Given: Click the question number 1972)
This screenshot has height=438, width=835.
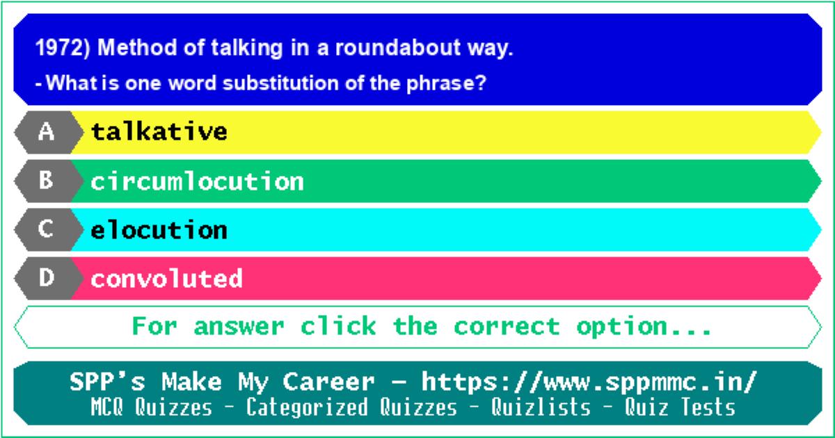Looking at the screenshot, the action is coord(63,48).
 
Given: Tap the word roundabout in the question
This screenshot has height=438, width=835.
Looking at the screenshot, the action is coord(398,48).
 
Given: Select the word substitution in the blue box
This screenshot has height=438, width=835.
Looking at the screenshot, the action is coord(280,83).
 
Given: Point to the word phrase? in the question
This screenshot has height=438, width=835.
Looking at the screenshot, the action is coord(446,83).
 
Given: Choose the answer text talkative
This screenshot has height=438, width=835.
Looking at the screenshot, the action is coord(159,131).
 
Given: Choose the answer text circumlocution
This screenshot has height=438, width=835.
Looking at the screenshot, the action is coord(197,181).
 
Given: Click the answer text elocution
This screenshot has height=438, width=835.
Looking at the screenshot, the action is coord(159,229).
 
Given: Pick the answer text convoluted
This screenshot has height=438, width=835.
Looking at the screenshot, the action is coord(166,278).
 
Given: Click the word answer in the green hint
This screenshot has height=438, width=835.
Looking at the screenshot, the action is coord(239,327).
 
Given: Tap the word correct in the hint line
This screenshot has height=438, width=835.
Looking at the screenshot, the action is coord(507,327).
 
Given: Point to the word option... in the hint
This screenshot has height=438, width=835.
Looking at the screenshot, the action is coord(644,327).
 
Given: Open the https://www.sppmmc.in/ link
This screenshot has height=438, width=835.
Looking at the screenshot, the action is coord(589,382).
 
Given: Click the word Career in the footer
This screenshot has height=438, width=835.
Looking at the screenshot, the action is coord(328,382).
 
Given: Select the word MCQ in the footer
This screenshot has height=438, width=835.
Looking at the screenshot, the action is coord(107,407).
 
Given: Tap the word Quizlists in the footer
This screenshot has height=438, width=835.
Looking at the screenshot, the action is coord(541,407).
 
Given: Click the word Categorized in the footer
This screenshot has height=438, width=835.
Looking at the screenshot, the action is coord(307,407).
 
